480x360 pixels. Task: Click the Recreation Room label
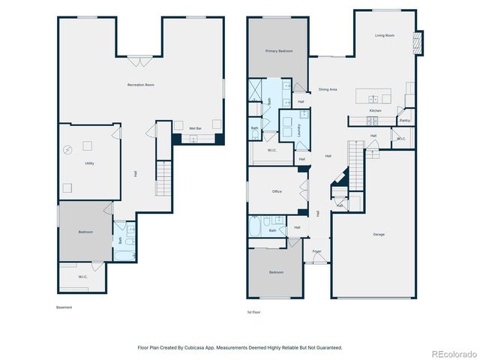click(140, 85)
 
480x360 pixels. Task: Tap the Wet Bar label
click(194, 128)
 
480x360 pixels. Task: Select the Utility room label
click(88, 163)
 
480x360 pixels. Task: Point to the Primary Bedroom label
click(278, 51)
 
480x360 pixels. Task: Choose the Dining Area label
click(327, 89)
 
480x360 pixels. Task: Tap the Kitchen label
click(375, 110)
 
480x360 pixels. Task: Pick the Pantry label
click(404, 120)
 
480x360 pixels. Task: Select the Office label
click(277, 191)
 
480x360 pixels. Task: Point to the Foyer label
click(316, 251)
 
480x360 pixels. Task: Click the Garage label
click(379, 235)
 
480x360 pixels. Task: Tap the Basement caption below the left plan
click(65, 307)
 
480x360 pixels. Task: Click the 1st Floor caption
click(255, 311)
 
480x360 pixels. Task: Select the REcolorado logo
click(451, 352)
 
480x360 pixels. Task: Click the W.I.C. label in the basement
click(82, 277)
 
